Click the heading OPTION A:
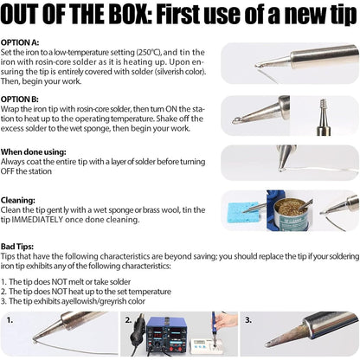pyautogui.click(x=20, y=42)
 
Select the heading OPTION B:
pyautogui.click(x=20, y=100)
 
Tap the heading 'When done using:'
pyautogui.click(x=34, y=152)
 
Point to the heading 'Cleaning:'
pyautogui.click(x=18, y=200)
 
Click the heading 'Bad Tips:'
pyautogui.click(x=17, y=247)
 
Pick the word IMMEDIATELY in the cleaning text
pyautogui.click(x=37, y=220)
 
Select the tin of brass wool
pyautogui.click(x=291, y=214)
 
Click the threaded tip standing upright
pyautogui.click(x=324, y=117)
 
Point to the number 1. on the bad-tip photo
pyautogui.click(x=10, y=320)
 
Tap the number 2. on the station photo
pyautogui.click(x=129, y=320)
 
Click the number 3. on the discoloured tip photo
pyautogui.click(x=248, y=320)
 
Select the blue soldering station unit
pyautogui.click(x=164, y=335)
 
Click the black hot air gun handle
pyautogui.click(x=138, y=331)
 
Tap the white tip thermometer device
pyautogui.click(x=207, y=346)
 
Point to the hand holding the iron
pyautogui.click(x=227, y=321)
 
